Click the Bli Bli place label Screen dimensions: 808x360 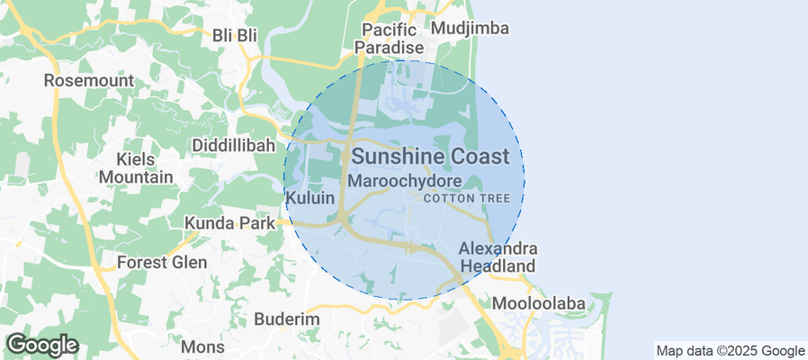point(235,34)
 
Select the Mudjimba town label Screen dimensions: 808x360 point(470,29)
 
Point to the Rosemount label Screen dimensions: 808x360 point(89,80)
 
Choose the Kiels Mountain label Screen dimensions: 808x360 point(136,168)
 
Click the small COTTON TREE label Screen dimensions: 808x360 point(472,198)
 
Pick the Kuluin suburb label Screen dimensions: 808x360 point(310,197)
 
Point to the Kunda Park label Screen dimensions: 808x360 point(229,222)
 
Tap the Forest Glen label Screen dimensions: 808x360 point(162,263)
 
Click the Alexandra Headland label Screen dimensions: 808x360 point(498,256)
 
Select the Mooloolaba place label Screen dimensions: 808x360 point(539,302)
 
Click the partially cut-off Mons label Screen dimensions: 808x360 point(202,347)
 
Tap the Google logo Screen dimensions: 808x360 point(41,344)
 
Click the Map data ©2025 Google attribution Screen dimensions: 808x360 point(730,351)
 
